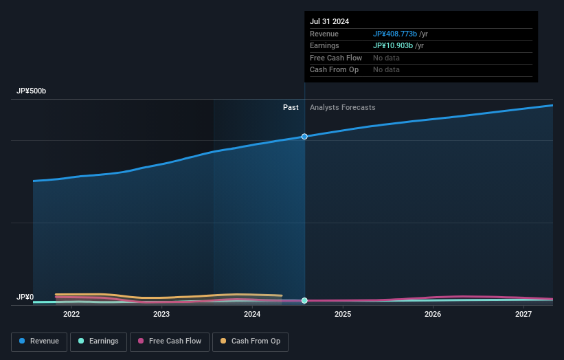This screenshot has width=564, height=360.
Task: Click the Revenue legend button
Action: [x=39, y=341]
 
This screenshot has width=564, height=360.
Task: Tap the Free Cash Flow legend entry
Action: [x=169, y=341]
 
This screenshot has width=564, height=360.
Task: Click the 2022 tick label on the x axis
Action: [x=71, y=314]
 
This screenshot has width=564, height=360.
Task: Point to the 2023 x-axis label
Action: [x=161, y=314]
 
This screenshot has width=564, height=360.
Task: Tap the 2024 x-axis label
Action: [x=252, y=314]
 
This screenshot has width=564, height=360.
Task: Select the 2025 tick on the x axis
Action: [x=343, y=314]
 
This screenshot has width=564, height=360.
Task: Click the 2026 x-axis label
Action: [x=433, y=314]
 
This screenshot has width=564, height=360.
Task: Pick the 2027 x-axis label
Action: [x=523, y=314]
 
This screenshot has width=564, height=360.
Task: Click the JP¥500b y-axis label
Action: [x=32, y=91]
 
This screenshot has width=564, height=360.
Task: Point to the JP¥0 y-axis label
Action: [x=25, y=297]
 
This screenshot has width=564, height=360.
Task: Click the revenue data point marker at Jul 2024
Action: [x=304, y=137]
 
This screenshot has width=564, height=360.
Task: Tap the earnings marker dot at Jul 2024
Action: [x=304, y=301]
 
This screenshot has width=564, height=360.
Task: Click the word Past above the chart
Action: [x=291, y=107]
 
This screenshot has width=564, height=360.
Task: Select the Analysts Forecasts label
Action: [x=342, y=107]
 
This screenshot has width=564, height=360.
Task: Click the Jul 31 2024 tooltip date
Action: [x=329, y=21]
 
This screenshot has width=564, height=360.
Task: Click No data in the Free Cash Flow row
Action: [x=386, y=58]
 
